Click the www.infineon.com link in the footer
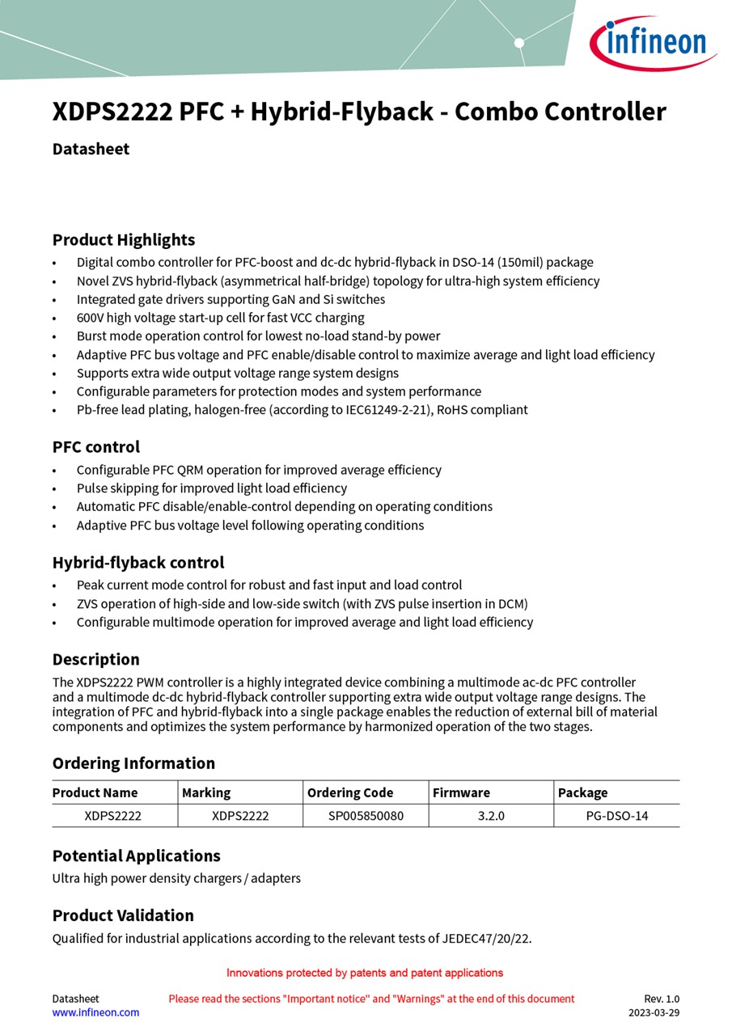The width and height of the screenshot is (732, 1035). (95, 1012)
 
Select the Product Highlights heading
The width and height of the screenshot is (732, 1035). (124, 240)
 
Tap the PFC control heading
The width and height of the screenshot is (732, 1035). (96, 447)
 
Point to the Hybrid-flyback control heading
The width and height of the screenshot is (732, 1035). (138, 563)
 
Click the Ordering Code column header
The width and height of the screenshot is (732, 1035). (350, 792)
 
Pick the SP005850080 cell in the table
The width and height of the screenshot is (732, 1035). (366, 816)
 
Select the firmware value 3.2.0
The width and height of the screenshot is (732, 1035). (491, 816)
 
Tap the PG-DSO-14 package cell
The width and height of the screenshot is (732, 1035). (617, 816)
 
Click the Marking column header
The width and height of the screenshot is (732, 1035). (206, 792)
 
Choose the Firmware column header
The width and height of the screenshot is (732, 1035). (461, 792)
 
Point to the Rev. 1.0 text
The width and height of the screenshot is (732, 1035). (662, 999)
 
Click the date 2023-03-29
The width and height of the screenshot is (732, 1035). (654, 1012)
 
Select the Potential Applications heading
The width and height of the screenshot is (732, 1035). (137, 856)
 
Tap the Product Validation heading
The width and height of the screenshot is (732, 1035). (123, 916)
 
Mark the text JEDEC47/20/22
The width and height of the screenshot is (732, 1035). (485, 939)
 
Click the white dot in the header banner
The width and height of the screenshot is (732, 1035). (519, 43)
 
